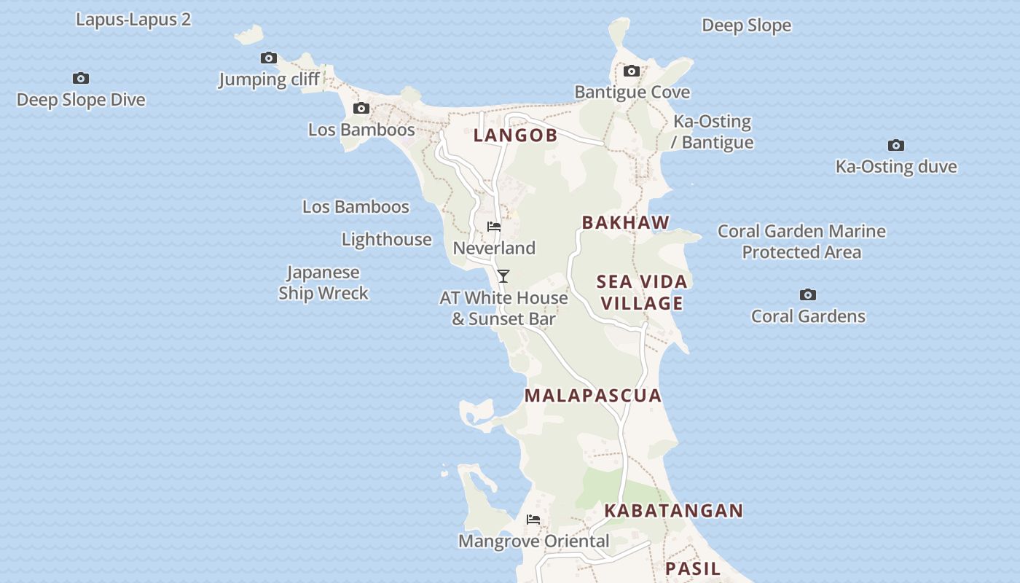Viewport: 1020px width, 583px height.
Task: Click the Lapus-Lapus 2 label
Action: point(133,20)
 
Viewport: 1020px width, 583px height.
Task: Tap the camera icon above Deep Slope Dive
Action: point(81,78)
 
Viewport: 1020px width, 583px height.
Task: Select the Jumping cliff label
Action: point(269,79)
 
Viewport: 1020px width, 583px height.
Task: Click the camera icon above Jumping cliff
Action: point(269,58)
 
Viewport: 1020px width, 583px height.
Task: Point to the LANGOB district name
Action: point(515,135)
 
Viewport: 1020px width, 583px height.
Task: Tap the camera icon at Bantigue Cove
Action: point(632,71)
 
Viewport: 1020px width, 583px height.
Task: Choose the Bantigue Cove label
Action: point(632,92)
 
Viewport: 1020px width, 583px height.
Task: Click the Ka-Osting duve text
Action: point(895,166)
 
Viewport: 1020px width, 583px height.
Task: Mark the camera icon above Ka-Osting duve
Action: point(895,145)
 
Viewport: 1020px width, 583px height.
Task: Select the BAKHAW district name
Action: point(626,222)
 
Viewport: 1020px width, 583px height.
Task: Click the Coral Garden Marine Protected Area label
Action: point(801,241)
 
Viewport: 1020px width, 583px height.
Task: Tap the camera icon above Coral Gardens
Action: point(807,294)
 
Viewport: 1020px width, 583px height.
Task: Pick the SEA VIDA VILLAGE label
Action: point(642,292)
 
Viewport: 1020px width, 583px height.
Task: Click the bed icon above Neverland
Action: point(494,227)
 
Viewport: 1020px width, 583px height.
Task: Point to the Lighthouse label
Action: point(386,239)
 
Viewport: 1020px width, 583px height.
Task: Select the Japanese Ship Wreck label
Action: point(323,283)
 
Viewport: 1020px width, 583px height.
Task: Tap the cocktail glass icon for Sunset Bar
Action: point(503,276)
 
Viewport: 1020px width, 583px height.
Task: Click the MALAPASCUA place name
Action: point(593,396)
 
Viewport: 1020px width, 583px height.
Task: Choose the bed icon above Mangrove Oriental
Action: point(533,520)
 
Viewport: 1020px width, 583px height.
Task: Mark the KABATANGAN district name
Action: point(673,511)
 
